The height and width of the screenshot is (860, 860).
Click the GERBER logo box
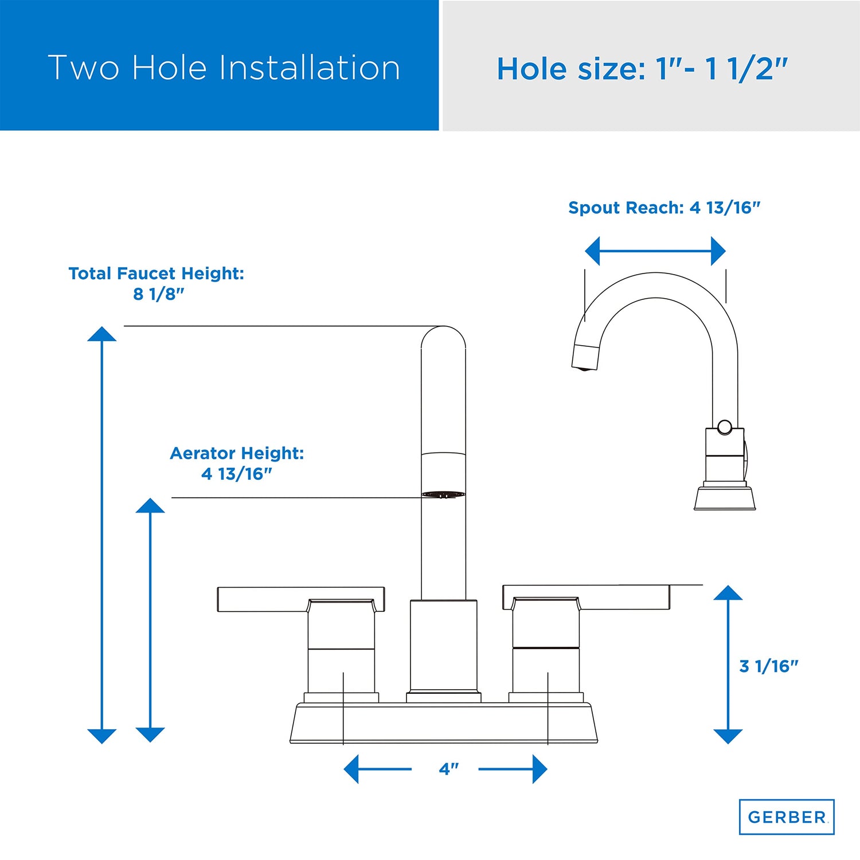tap(787, 816)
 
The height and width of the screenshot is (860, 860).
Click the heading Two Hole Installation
tap(224, 68)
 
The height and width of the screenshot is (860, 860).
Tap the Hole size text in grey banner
tap(642, 69)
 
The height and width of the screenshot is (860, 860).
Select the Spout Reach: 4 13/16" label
tap(664, 208)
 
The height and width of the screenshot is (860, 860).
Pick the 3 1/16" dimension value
tap(768, 666)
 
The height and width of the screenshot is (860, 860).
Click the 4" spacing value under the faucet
tap(448, 769)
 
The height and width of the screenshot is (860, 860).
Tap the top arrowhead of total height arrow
tap(102, 334)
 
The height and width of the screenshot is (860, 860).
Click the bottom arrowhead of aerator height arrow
tap(150, 735)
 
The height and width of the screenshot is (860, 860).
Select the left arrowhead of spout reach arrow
tap(592, 251)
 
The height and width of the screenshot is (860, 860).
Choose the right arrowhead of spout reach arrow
tap(718, 251)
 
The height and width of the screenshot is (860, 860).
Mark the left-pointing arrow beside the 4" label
tap(377, 769)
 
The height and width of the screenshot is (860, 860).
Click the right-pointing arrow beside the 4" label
tap(513, 769)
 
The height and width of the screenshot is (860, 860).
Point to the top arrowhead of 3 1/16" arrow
tap(728, 592)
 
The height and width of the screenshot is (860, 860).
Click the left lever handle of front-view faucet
tap(300, 599)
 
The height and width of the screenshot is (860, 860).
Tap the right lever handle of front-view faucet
tap(586, 597)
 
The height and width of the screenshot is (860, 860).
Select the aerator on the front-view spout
tap(443, 494)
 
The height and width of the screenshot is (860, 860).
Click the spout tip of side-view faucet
tap(585, 357)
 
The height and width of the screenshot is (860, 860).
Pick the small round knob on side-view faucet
tap(725, 427)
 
